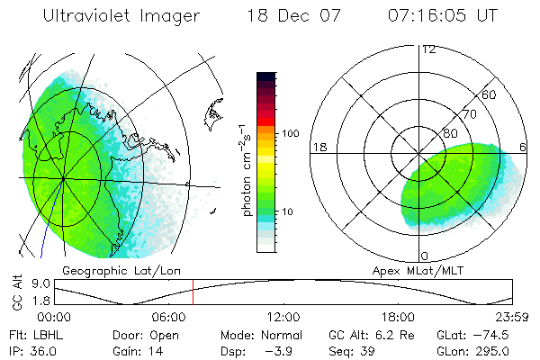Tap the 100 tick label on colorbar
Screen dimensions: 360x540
289,132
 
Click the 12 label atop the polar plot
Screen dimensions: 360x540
428,49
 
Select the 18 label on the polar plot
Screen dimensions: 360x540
319,147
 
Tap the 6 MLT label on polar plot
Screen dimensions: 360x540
525,147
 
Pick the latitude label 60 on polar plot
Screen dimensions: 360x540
490,94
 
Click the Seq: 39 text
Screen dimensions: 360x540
352,351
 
